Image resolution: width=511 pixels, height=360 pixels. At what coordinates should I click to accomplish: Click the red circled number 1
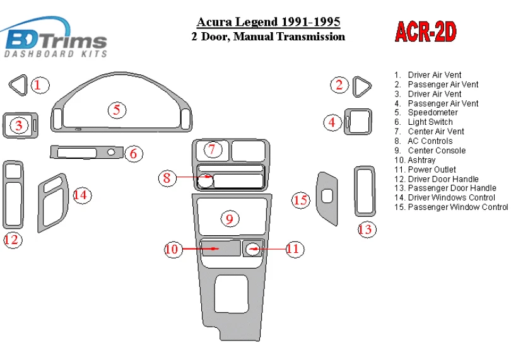point(40,85)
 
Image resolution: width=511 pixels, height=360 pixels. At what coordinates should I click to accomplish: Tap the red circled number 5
point(116,110)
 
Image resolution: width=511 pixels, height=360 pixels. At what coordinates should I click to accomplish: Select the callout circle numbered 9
point(230,219)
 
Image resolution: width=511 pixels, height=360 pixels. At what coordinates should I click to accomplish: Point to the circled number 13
point(365,229)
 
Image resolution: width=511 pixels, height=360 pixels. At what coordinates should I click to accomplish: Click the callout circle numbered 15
point(301,200)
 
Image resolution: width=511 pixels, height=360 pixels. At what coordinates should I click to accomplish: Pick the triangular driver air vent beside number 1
point(18,85)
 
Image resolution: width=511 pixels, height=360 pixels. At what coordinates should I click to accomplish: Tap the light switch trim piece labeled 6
point(83,152)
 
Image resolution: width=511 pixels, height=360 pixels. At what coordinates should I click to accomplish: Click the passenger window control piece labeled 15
point(327,195)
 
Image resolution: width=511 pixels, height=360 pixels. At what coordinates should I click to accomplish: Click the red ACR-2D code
point(426,32)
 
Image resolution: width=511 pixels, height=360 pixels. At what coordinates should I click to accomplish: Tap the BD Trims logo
point(56,42)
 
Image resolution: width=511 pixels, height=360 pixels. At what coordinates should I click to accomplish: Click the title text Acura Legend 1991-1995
point(269,23)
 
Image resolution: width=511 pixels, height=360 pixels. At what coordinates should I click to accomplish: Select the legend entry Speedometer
point(432,113)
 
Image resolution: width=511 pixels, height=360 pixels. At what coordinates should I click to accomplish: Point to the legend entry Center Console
point(436,151)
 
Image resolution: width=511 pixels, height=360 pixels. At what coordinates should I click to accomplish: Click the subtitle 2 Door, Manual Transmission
point(268,37)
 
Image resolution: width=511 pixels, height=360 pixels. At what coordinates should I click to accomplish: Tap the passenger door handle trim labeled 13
point(365,192)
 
